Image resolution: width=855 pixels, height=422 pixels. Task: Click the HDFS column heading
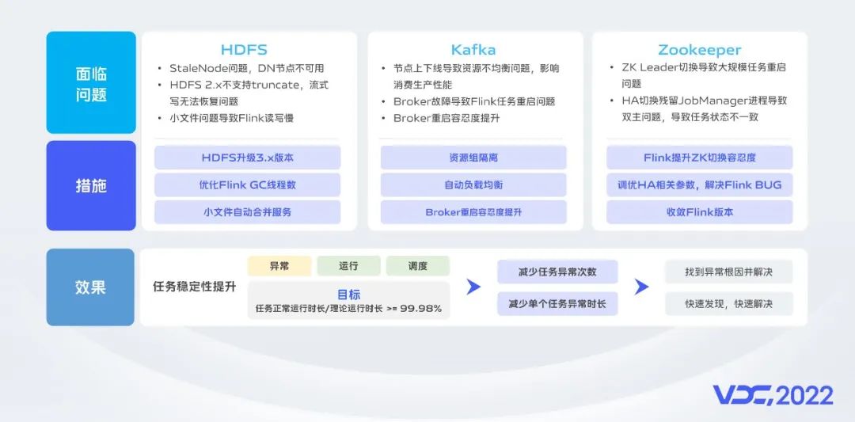coord(244,50)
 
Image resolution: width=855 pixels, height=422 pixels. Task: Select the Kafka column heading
coord(473,50)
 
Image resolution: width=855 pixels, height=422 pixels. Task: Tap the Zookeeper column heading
coord(700,51)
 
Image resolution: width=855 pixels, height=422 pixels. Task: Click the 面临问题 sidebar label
coord(91,84)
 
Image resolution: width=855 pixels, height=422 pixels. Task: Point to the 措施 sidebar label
coord(91,186)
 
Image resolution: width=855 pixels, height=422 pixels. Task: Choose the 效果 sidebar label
coord(90,287)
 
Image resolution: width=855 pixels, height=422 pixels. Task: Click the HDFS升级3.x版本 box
coord(248,158)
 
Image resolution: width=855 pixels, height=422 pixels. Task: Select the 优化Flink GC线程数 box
coord(248,184)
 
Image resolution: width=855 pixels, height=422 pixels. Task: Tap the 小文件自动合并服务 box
coord(248,212)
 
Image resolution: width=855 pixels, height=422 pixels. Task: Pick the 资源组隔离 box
coord(473,158)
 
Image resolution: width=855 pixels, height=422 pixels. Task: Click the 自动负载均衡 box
coord(473,184)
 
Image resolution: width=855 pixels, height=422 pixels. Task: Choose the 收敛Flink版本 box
coord(700,212)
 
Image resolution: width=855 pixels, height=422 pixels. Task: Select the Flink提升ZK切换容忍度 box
coord(700,158)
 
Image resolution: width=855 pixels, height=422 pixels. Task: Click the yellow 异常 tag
coord(279,266)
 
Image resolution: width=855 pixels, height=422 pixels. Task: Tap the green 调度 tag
coord(418,266)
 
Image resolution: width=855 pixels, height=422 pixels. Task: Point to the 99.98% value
coord(421,309)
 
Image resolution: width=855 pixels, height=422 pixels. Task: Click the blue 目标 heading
coord(349,295)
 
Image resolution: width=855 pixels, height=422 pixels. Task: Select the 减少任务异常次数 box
coord(557,272)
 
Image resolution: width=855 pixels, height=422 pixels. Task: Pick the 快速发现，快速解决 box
coord(729,304)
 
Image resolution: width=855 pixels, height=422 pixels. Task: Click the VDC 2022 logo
coord(773,395)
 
